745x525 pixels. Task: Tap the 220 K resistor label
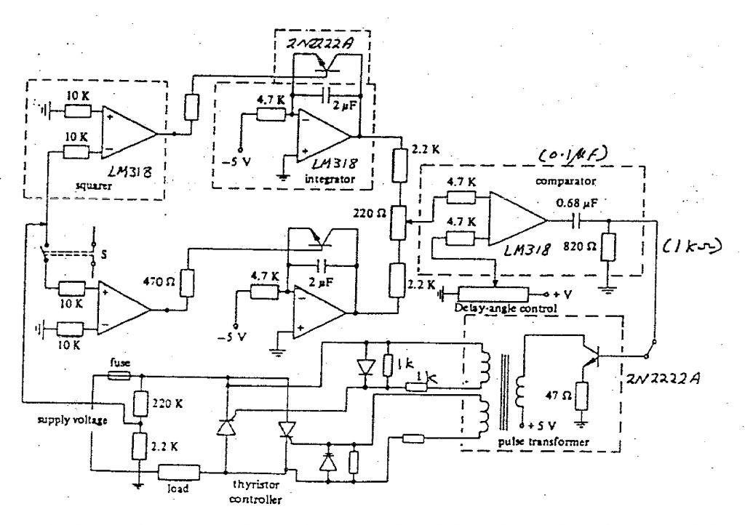pos(170,399)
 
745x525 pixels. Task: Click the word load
pos(178,489)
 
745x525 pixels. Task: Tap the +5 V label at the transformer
pos(537,425)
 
